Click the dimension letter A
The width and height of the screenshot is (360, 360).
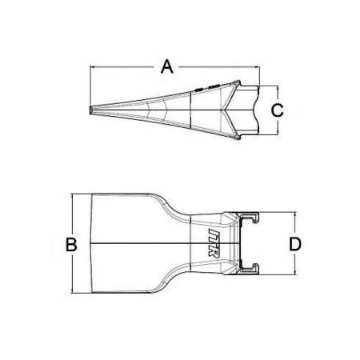click(x=166, y=68)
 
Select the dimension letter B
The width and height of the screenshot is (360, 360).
click(x=70, y=244)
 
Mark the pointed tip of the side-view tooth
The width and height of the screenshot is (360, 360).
click(x=88, y=110)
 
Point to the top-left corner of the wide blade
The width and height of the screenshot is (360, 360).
click(x=94, y=195)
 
